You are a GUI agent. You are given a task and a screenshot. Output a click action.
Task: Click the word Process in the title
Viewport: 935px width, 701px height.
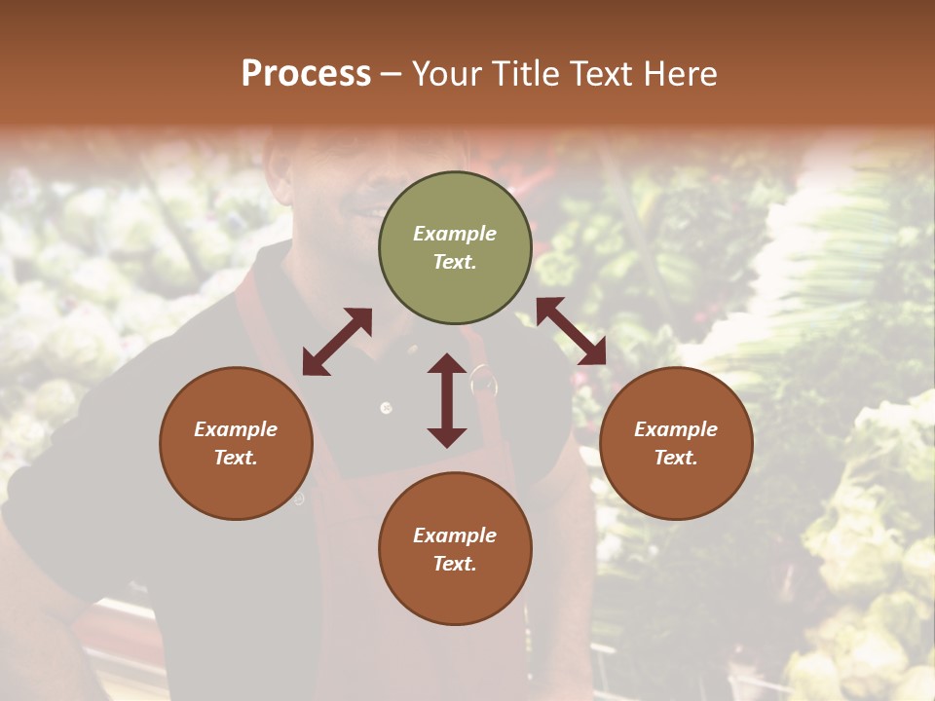point(306,73)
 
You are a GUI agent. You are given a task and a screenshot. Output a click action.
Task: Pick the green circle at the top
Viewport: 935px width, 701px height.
point(455,248)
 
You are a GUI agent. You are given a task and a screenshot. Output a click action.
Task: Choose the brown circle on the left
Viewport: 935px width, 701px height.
point(236,443)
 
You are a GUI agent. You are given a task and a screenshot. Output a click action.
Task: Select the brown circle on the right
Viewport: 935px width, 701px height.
point(676,443)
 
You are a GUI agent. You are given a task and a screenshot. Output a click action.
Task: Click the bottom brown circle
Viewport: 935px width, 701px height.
point(455,549)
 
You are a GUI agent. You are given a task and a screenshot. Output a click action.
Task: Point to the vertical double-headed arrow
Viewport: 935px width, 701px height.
point(447,400)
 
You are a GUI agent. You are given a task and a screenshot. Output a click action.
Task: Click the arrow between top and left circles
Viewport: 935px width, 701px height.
point(337,342)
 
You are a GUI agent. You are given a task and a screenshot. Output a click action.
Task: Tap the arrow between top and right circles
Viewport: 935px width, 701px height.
point(571,331)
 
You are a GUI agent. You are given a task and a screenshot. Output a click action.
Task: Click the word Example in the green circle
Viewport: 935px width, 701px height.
point(455,234)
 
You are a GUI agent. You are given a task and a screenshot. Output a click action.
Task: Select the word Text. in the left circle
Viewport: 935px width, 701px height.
point(236,458)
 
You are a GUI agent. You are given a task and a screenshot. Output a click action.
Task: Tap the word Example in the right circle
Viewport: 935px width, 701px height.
point(676,429)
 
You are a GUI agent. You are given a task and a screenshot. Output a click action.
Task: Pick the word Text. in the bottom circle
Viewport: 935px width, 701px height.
point(455,564)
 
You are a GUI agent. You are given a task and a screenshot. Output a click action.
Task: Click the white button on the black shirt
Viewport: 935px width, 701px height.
point(386,407)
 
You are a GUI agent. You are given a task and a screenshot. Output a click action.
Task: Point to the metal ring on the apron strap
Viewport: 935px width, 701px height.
point(482,380)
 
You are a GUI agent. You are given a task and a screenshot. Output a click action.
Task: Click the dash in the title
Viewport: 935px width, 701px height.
point(391,75)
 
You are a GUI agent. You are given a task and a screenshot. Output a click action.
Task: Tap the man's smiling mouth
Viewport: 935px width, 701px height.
point(365,209)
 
